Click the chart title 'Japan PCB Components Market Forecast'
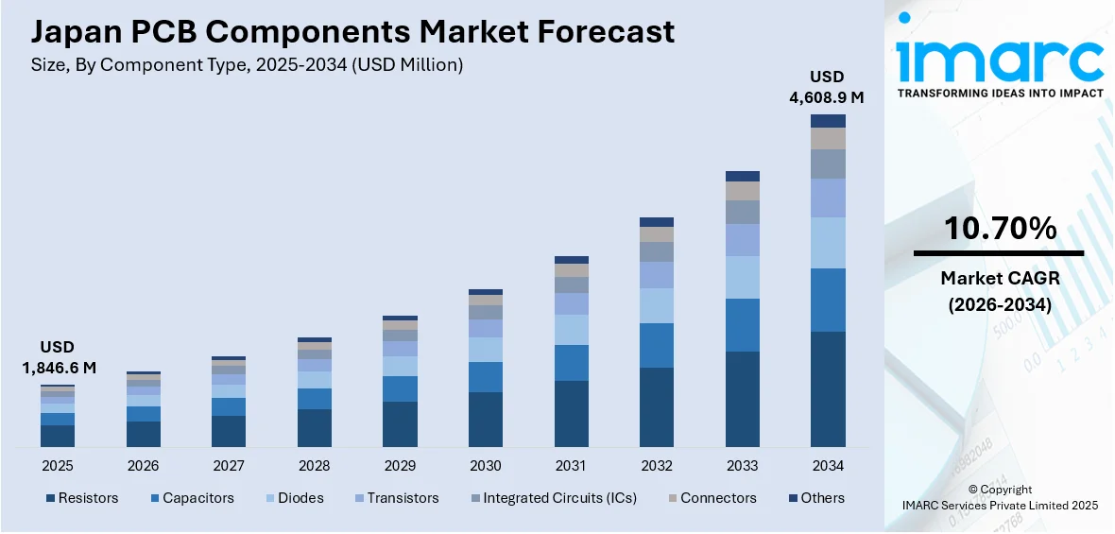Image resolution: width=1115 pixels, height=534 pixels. [352, 31]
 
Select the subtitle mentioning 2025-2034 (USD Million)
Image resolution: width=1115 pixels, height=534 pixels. [247, 64]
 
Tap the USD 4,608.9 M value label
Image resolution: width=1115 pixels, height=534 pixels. [828, 86]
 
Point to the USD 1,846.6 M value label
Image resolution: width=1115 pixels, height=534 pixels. [58, 357]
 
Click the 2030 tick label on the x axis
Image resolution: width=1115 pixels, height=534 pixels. [485, 466]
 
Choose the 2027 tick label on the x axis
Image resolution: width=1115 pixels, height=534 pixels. [229, 466]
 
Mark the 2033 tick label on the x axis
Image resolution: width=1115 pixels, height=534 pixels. [742, 466]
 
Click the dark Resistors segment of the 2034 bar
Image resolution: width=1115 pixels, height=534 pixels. [828, 388]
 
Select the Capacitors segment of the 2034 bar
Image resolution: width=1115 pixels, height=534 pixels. [828, 300]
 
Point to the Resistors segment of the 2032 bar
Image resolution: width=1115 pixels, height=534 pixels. [657, 406]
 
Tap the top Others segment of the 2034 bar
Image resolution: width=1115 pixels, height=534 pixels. [828, 121]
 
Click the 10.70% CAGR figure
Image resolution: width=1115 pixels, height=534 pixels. [1001, 228]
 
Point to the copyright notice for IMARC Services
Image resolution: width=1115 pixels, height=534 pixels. [1000, 497]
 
